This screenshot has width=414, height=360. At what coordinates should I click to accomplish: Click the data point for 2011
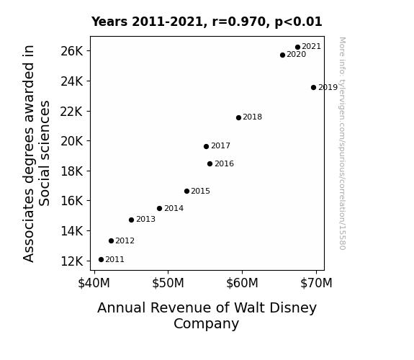click(x=101, y=260)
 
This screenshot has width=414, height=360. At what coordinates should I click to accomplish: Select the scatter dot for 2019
click(x=313, y=87)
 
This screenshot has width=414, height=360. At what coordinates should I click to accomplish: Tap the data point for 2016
click(x=210, y=163)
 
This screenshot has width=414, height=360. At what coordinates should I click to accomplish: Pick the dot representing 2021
click(x=298, y=47)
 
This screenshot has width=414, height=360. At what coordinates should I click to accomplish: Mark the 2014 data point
click(x=159, y=208)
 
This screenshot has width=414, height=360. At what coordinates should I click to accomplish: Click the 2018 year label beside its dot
click(x=253, y=117)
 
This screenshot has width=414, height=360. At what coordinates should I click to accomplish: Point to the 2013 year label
click(x=145, y=219)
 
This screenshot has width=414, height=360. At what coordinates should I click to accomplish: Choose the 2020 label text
click(x=296, y=55)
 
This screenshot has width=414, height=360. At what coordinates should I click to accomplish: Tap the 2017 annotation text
click(x=221, y=145)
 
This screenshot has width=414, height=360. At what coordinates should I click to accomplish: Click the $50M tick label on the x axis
click(x=168, y=283)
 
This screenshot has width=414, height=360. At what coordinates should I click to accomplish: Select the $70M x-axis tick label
click(x=316, y=283)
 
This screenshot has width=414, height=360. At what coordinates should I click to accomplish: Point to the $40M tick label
click(x=94, y=283)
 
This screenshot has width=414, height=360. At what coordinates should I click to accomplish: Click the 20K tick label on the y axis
click(x=72, y=141)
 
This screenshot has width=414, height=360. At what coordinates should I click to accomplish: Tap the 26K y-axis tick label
click(x=72, y=51)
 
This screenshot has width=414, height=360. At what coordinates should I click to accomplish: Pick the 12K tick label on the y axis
click(x=72, y=261)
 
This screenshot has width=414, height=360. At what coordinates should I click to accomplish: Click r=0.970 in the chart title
click(x=239, y=22)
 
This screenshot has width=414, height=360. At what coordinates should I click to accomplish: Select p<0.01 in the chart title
click(x=298, y=22)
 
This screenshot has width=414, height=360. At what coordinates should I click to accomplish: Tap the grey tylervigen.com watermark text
click(x=342, y=143)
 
